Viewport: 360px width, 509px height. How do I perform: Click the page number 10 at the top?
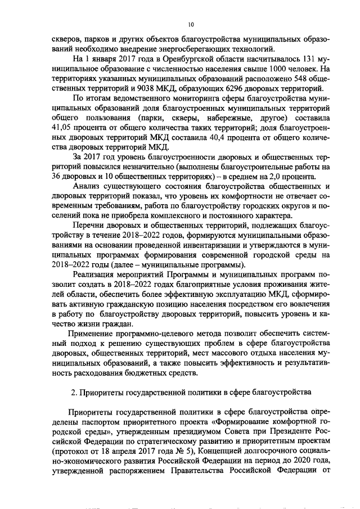click(x=191, y=25)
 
